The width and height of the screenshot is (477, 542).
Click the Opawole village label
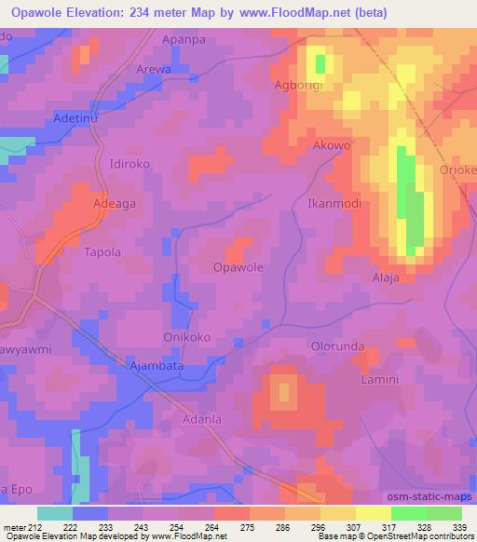[238, 267]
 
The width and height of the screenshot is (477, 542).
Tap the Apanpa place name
[183, 41]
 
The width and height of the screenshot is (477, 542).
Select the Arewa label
[155, 69]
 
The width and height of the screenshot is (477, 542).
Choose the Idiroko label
[129, 164]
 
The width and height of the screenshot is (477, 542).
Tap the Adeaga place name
[117, 202]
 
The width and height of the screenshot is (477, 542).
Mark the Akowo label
[333, 146]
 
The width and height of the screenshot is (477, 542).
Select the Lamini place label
[379, 380]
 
